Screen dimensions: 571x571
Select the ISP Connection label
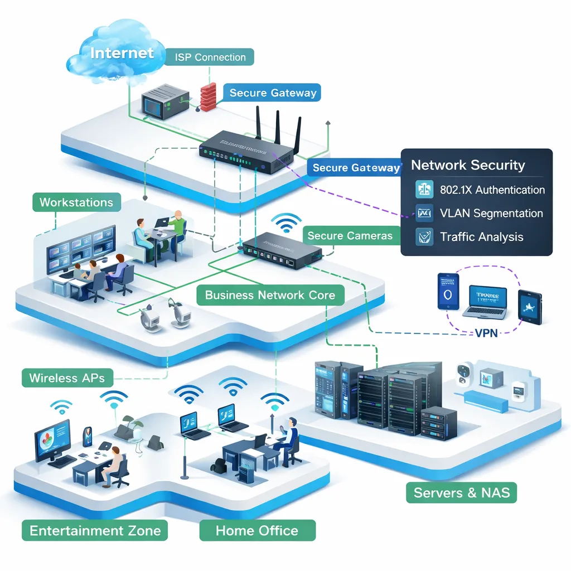coord(210,57)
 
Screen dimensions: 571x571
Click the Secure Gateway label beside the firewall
coord(273,93)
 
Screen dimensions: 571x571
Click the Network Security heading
coord(468,165)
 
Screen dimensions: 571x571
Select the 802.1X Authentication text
coord(492,190)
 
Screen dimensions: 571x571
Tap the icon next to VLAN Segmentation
coord(424,213)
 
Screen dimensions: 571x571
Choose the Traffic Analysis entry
coord(481,236)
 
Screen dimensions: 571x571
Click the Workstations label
coord(76,202)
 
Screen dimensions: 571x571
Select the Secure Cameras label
coord(350,236)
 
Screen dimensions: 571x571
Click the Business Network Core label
coord(270,295)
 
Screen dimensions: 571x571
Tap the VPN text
coord(486,333)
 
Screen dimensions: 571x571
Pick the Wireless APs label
coord(67,378)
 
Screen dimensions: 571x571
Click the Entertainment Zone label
coord(95,530)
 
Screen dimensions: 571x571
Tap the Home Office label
coord(257,530)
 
